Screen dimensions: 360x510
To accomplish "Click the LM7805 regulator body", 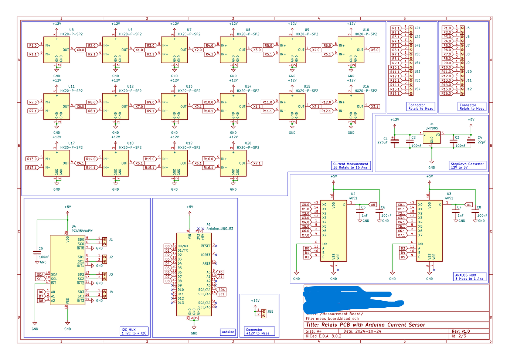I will (x=432, y=137).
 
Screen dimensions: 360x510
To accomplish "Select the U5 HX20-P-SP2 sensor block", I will (x=57, y=50).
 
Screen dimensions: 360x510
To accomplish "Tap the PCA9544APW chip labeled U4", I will (x=67, y=270).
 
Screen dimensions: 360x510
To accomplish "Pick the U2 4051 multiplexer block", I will (x=333, y=231).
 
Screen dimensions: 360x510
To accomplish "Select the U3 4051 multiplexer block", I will (x=429, y=231).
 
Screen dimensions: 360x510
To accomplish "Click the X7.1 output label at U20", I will (x=256, y=163).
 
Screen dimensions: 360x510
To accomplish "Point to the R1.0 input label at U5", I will (x=33, y=45).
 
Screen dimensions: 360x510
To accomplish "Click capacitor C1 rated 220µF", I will (x=395, y=141).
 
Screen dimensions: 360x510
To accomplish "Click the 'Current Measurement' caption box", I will (x=350, y=166).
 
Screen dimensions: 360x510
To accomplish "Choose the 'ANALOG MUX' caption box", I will (x=469, y=277).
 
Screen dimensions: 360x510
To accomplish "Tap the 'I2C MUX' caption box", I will (x=134, y=331).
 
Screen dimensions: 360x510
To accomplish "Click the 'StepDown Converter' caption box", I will (x=467, y=166).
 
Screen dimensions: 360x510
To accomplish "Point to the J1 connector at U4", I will (x=105, y=241).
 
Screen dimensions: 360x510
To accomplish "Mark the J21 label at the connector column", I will (x=417, y=28).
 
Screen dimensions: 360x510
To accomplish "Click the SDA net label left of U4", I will (x=40, y=275).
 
